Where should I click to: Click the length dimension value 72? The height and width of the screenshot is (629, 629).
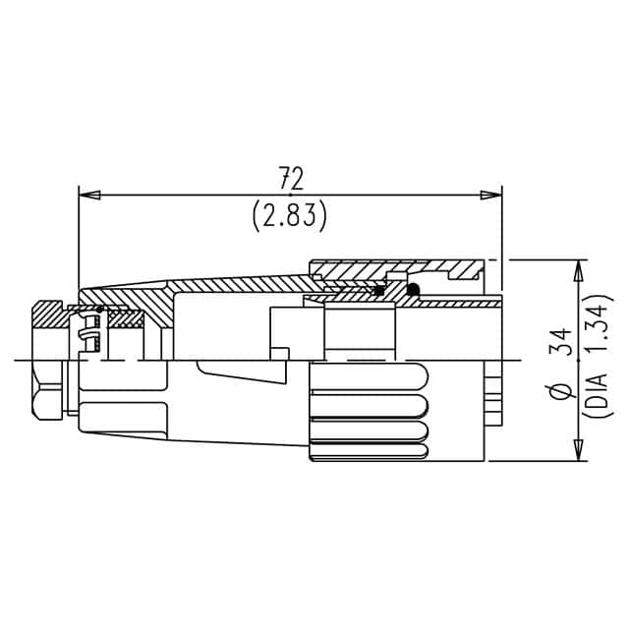coord(290,178)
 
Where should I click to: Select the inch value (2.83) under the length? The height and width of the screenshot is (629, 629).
coord(290,214)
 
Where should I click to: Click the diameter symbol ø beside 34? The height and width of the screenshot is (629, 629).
coord(562,392)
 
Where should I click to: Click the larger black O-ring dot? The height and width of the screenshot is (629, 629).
coord(413,289)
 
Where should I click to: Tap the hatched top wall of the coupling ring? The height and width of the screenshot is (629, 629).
coord(393,268)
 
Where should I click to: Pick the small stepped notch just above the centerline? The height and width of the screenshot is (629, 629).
coord(280,353)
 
